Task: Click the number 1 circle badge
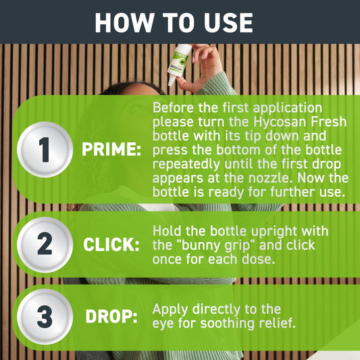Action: click(44, 149)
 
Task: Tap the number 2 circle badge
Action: click(44, 244)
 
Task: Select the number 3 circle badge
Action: click(44, 317)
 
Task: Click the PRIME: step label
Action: click(111, 150)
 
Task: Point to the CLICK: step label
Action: click(111, 245)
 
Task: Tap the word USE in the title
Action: click(224, 23)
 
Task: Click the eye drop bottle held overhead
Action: click(179, 63)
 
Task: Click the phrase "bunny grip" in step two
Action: click(220, 245)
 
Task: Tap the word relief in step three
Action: click(278, 324)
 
